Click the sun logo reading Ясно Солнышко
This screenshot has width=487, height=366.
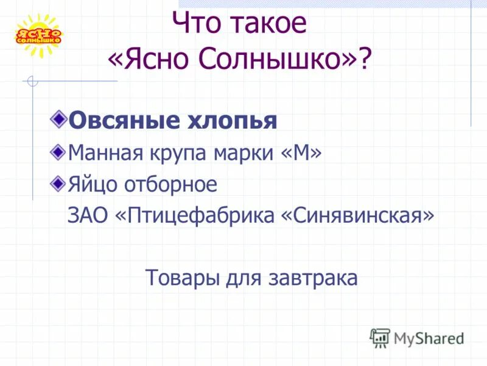pos(38,35)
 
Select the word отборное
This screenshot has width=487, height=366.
pos(170,184)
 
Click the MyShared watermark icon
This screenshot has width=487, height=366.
pos(380,337)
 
